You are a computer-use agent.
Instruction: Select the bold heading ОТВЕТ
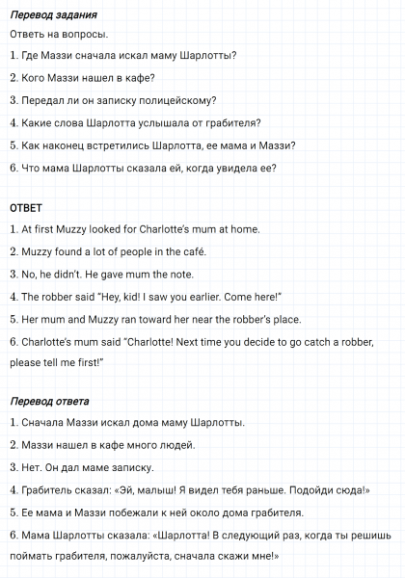coord(26,208)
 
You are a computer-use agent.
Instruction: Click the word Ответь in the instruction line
coord(27,35)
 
